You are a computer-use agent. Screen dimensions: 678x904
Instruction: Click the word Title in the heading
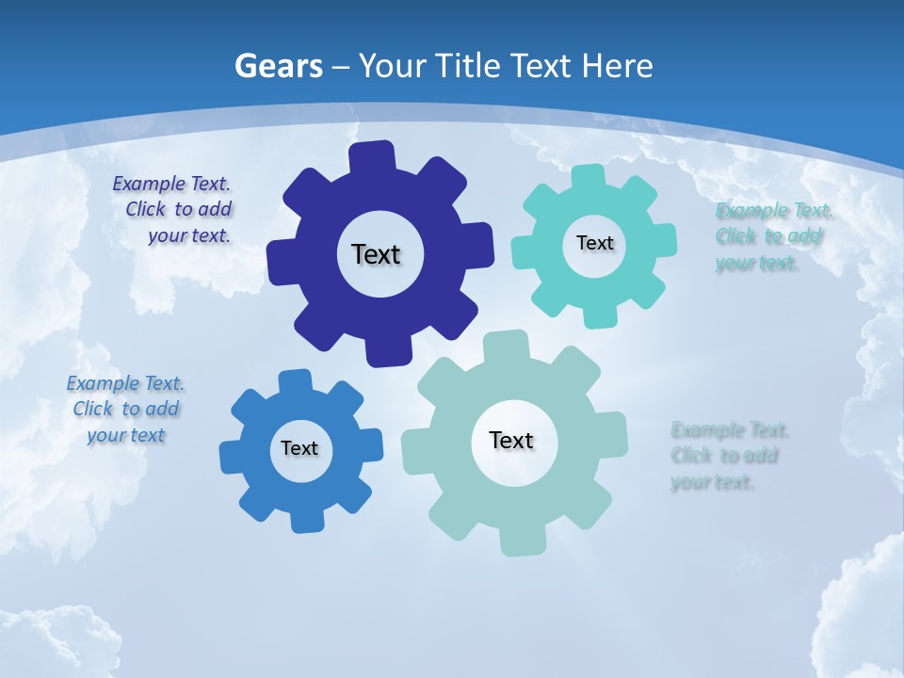pos(467,66)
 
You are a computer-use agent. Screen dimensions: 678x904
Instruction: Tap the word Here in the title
pos(617,66)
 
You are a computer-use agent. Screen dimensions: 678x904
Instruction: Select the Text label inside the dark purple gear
pos(376,254)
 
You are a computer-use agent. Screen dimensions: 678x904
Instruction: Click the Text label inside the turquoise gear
pos(594,243)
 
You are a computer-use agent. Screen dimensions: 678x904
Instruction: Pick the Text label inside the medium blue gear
pos(299,448)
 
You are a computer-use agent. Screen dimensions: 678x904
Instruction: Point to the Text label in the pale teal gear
pos(511,440)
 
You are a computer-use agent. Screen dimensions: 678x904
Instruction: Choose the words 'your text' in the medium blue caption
pos(126,435)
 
